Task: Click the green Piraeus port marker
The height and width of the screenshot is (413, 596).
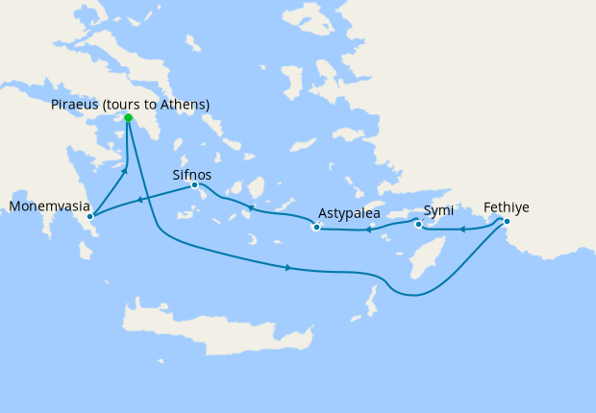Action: click(x=128, y=118)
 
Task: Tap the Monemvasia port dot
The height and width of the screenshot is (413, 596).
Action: click(x=89, y=216)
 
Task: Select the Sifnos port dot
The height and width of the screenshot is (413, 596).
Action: click(x=194, y=184)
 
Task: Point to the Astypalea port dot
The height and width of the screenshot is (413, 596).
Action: click(x=316, y=228)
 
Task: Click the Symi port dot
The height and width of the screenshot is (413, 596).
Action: click(x=418, y=225)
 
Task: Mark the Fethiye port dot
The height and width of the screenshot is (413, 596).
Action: click(x=507, y=222)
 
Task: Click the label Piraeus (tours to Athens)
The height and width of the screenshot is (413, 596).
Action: click(x=131, y=104)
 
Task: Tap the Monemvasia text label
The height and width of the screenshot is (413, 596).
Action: click(x=49, y=206)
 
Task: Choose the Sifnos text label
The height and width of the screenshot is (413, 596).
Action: click(x=192, y=175)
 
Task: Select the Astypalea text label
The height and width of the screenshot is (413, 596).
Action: click(x=349, y=213)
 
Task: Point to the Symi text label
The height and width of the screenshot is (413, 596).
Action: click(x=439, y=210)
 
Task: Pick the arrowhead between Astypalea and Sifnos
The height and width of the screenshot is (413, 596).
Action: click(x=251, y=208)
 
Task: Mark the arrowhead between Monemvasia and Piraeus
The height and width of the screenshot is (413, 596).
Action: click(x=124, y=172)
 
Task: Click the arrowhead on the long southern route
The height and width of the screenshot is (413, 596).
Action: click(x=287, y=267)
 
